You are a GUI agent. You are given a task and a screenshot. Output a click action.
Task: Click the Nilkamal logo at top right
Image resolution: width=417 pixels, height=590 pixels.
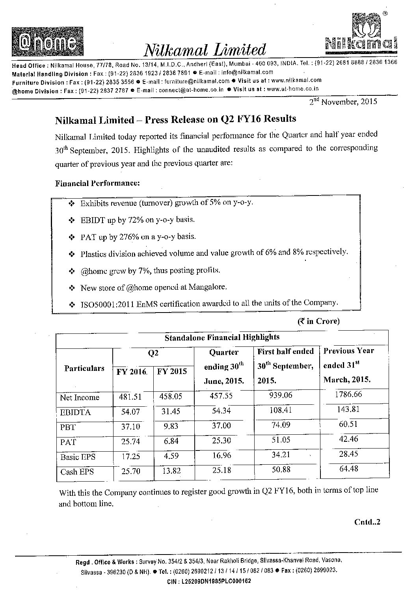pos(361,34)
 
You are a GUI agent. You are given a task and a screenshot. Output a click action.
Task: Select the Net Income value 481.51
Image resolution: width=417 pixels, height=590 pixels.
pos(130,397)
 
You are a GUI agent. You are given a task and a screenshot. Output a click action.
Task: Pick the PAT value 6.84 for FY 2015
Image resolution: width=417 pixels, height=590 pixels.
pos(171,441)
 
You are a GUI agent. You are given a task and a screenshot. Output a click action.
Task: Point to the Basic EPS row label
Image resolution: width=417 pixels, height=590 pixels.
pos(78,457)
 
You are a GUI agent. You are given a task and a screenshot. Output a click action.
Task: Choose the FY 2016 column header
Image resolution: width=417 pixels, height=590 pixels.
pos(132,372)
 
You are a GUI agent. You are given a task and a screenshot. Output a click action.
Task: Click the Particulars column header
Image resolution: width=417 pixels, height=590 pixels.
pos(84,369)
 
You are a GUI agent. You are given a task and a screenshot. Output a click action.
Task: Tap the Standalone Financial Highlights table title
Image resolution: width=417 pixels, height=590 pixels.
pos(222,337)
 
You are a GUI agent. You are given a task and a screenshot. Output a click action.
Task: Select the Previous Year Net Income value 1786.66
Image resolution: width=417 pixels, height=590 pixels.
pos(348,395)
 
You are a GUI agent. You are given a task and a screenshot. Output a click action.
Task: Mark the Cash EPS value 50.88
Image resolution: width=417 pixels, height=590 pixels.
pos(280,470)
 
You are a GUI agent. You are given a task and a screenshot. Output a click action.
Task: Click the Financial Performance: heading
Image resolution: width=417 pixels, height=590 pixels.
pos(97,183)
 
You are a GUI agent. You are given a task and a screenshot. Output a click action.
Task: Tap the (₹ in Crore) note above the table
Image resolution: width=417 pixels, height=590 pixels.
pos(318,321)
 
